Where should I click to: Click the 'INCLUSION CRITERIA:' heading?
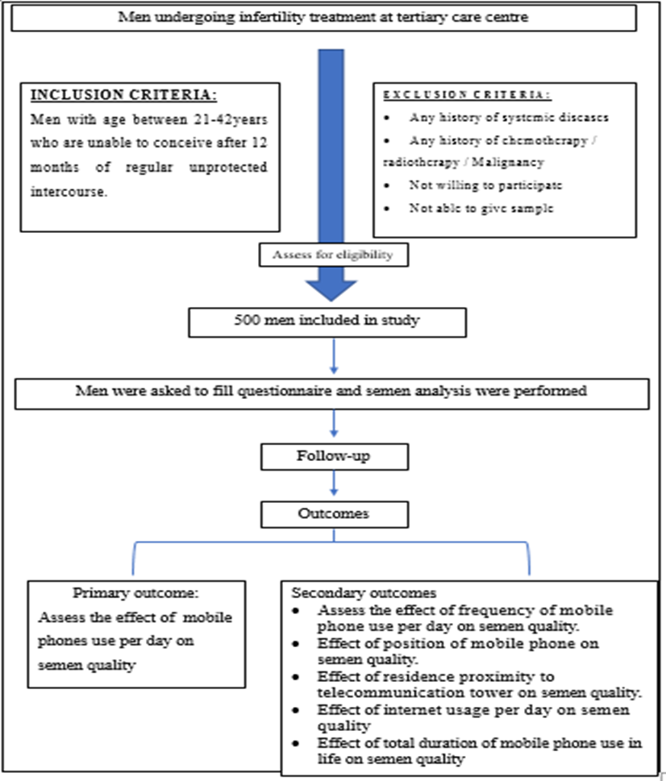pyautogui.click(x=124, y=95)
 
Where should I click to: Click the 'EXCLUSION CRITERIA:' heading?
pyautogui.click(x=467, y=94)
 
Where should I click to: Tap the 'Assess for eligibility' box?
pyautogui.click(x=333, y=255)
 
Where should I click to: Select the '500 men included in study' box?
pyautogui.click(x=327, y=322)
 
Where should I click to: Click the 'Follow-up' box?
pyautogui.click(x=335, y=457)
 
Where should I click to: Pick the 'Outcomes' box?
pyautogui.click(x=335, y=514)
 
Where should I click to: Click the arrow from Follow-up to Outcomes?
pyautogui.click(x=334, y=483)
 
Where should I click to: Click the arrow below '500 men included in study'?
pyautogui.click(x=334, y=356)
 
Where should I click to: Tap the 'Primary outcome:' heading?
pyautogui.click(x=135, y=593)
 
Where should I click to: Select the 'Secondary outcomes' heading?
pyautogui.click(x=364, y=592)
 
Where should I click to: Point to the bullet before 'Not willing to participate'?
pyautogui.click(x=387, y=186)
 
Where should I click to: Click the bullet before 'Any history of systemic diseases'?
pyautogui.click(x=387, y=118)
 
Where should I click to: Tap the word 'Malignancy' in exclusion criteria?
pyautogui.click(x=508, y=163)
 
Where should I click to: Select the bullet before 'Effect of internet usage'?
pyautogui.click(x=297, y=710)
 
